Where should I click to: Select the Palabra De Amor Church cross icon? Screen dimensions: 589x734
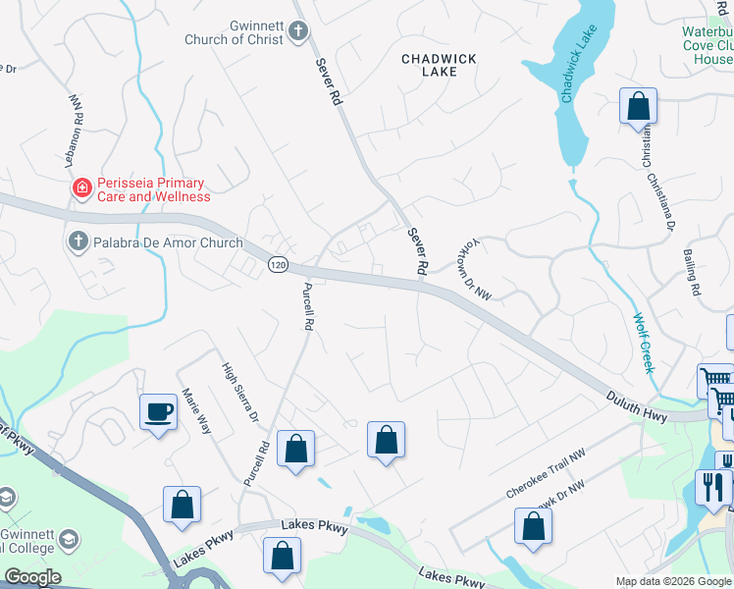78,241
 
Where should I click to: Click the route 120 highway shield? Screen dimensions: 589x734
278,265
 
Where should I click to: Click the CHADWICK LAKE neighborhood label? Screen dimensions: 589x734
439,66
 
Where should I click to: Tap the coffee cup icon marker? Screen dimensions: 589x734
158,410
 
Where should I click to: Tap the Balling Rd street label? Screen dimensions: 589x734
692,272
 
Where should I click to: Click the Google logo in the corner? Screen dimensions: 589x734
32,577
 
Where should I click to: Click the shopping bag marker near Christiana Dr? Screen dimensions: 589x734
638,106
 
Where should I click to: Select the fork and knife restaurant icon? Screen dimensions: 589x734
713,485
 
